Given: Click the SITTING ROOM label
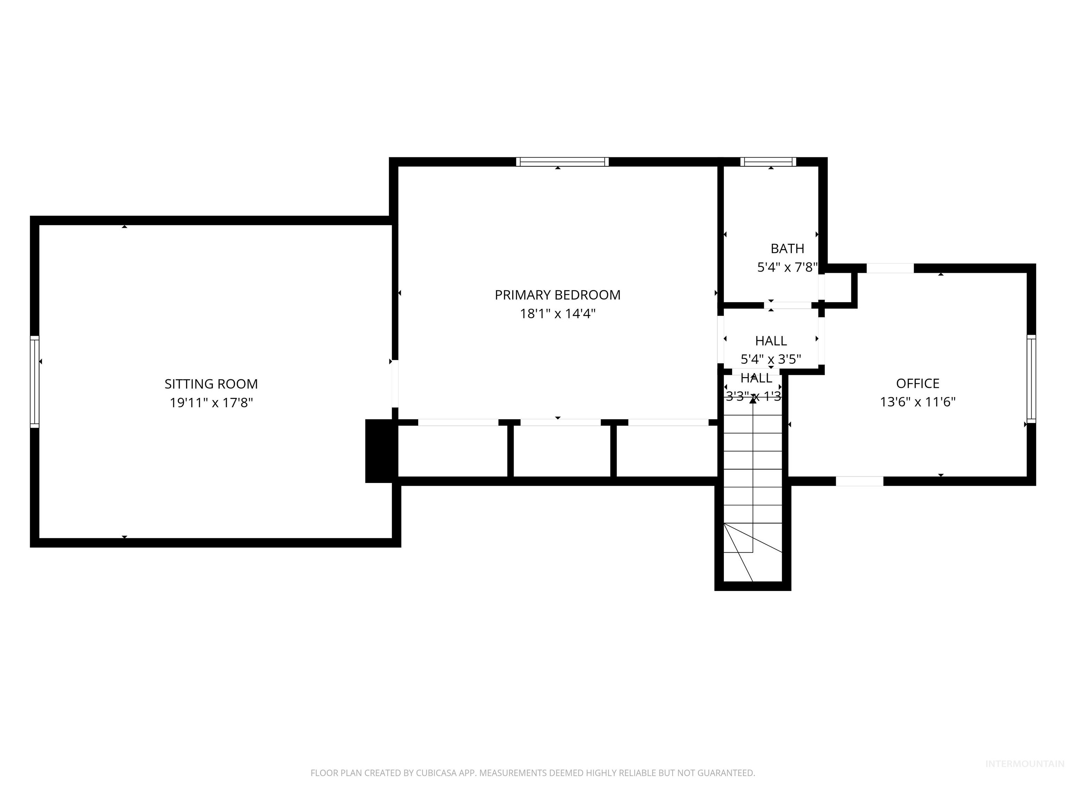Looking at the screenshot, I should (211, 384).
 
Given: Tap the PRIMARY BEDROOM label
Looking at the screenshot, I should (558, 295).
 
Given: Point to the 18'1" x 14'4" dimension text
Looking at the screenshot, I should (558, 314).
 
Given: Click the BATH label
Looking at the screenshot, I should (787, 248).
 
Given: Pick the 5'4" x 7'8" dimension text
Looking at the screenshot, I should (787, 267).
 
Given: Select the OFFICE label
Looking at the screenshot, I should (917, 383).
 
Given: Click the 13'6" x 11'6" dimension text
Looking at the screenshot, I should (917, 402).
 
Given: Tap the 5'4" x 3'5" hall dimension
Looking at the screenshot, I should (771, 359).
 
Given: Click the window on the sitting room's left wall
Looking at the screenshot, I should (35, 382).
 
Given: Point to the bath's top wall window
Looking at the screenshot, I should (768, 162).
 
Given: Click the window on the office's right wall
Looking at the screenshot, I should (1031, 379).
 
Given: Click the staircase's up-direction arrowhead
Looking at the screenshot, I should (753, 400).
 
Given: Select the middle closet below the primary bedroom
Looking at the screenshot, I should (561, 451).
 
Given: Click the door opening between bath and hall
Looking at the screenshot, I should (787, 305).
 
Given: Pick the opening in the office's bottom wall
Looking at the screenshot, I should (859, 481).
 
